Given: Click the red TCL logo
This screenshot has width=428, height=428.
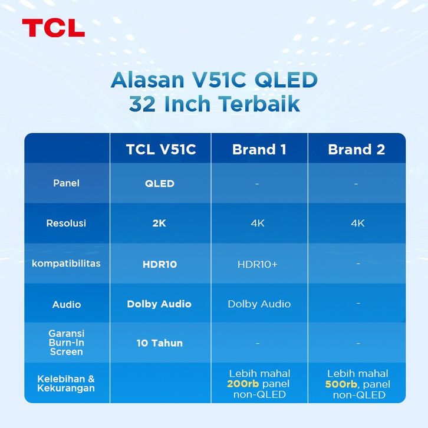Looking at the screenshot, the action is click(x=54, y=28).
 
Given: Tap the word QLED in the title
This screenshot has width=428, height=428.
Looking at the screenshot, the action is click(x=286, y=80).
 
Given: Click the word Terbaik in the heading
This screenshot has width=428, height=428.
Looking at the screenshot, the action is click(x=259, y=104).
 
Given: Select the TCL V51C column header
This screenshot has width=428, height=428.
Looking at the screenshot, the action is click(x=161, y=149).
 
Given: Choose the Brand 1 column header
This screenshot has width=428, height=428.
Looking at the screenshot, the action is click(x=259, y=149).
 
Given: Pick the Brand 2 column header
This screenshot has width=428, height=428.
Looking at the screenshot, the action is click(x=357, y=149).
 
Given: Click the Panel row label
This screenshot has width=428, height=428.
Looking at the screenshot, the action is click(x=67, y=183).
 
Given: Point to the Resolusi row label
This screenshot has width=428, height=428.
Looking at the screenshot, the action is click(x=66, y=223).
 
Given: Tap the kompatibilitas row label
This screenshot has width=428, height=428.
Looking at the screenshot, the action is click(x=66, y=264).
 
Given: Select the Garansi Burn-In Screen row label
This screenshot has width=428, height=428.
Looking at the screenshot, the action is click(x=67, y=343).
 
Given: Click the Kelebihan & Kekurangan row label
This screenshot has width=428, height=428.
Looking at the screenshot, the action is click(x=66, y=384).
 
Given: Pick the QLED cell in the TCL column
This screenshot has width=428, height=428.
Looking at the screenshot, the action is click(x=160, y=183).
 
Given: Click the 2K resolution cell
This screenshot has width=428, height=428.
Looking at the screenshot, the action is click(x=159, y=223).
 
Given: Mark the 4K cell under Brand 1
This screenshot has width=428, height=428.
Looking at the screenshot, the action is click(x=258, y=223).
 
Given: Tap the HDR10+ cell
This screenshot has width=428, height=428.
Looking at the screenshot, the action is click(x=258, y=264).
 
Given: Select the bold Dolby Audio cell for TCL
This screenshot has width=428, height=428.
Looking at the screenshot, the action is click(x=159, y=304).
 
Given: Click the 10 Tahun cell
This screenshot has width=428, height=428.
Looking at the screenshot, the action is click(x=160, y=343).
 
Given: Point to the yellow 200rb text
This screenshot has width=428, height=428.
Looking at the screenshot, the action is click(x=243, y=384).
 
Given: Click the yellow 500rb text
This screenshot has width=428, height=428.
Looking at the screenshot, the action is click(x=341, y=384).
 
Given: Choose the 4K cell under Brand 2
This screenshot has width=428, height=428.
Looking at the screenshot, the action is click(x=358, y=223).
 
